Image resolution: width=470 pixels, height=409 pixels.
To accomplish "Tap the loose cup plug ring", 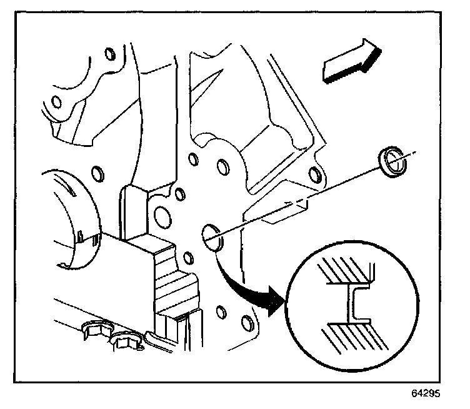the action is click(392, 164).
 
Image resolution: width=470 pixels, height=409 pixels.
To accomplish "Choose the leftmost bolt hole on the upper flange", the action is click(56, 101).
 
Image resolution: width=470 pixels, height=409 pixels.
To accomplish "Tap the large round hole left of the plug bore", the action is click(161, 216).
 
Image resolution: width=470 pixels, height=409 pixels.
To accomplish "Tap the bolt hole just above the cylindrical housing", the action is click(96, 171).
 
